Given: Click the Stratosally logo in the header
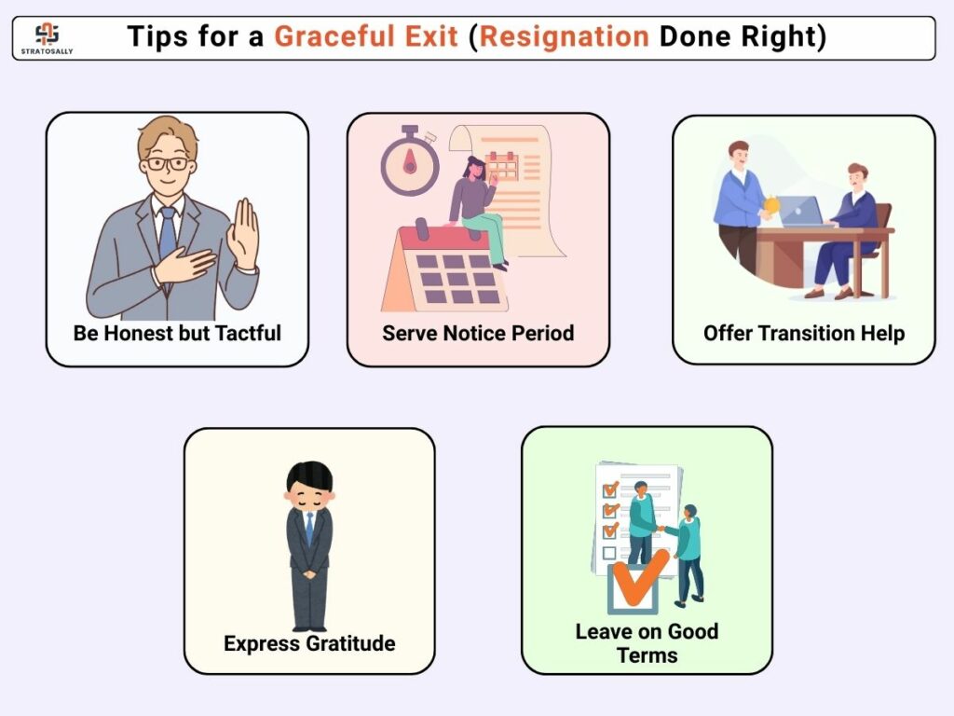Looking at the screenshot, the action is click(x=47, y=37).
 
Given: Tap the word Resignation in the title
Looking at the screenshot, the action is click(x=565, y=36).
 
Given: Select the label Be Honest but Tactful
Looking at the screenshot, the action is click(x=177, y=333).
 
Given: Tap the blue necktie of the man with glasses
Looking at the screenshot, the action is click(x=168, y=233).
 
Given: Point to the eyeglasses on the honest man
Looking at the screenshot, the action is click(x=166, y=164).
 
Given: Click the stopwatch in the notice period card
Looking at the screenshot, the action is click(x=410, y=160).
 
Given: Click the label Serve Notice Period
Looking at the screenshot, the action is click(x=478, y=333).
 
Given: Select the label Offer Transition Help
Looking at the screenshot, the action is click(x=804, y=333).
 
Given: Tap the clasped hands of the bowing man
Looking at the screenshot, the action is click(x=309, y=573).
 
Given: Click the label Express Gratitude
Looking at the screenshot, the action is click(x=309, y=643).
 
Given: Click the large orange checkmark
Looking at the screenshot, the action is click(x=640, y=576).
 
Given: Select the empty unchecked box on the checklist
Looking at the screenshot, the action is click(x=609, y=553).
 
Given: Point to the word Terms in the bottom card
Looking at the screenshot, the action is click(x=647, y=655).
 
